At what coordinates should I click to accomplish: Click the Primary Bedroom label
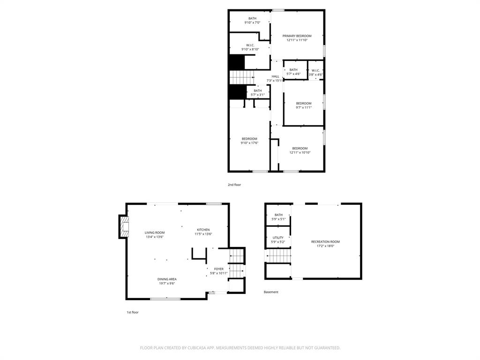[297, 38]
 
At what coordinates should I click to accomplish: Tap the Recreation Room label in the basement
[325, 244]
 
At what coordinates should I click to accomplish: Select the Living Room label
[154, 234]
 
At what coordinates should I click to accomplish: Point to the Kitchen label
[203, 232]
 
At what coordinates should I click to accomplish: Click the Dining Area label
[167, 281]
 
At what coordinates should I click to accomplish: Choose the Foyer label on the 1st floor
[218, 271]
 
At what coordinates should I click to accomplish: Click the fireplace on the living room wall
[124, 226]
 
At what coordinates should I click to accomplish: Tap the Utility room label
[278, 240]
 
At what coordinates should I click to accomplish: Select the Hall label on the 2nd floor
[275, 78]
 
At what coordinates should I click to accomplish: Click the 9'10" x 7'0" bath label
[252, 20]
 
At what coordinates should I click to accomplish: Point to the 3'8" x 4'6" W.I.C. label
[315, 72]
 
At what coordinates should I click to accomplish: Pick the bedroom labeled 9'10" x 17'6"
[249, 141]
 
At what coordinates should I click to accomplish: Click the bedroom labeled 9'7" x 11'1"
[303, 105]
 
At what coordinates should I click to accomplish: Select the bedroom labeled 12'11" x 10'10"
[300, 150]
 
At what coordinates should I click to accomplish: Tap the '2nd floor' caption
[234, 185]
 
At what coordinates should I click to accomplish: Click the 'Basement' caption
[271, 292]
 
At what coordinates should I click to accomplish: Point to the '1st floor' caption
[132, 312]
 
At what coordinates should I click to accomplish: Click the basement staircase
[278, 256]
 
